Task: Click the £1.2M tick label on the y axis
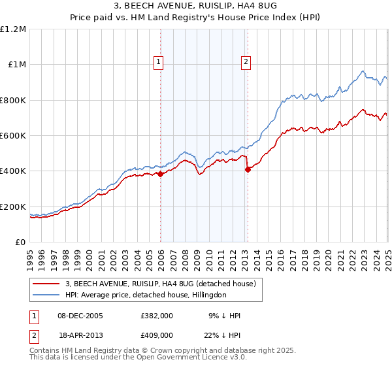click(x=13, y=29)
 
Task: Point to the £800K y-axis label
click(x=13, y=101)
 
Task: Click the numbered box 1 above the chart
click(x=159, y=62)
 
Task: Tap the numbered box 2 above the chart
click(x=246, y=62)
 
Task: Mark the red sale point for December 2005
click(x=161, y=174)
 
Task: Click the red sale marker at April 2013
click(x=248, y=169)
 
